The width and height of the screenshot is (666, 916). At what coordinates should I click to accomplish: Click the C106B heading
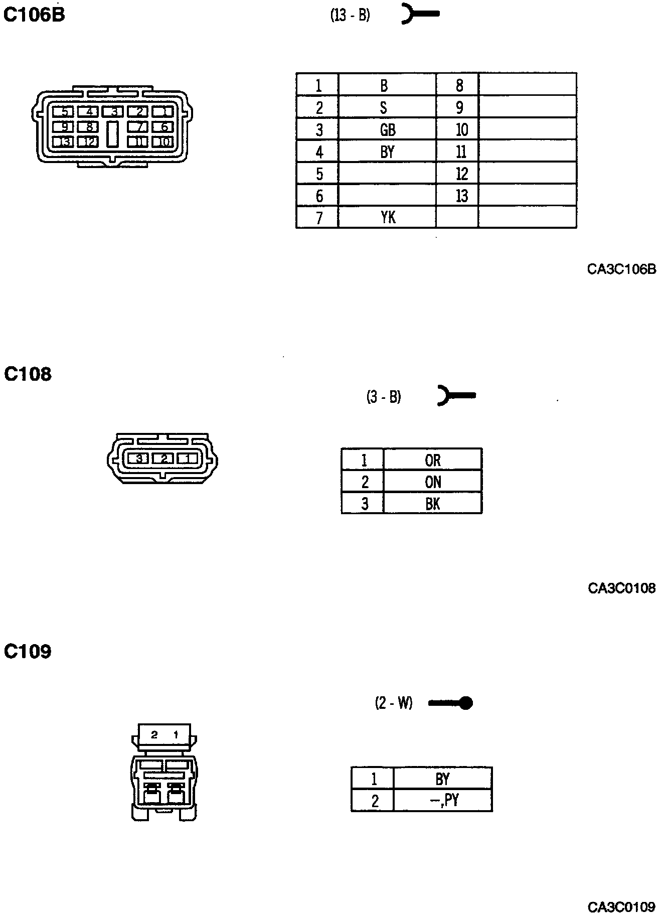pyautogui.click(x=34, y=16)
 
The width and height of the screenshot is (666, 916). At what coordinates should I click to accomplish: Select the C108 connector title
pyautogui.click(x=28, y=374)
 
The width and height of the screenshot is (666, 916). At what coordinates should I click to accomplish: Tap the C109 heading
pyautogui.click(x=28, y=652)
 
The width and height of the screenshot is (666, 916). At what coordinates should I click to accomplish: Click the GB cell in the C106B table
pyautogui.click(x=387, y=130)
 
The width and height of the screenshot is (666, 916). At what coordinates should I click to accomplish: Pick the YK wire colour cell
pyautogui.click(x=387, y=217)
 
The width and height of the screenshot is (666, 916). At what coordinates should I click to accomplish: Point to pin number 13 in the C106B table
pyautogui.click(x=461, y=196)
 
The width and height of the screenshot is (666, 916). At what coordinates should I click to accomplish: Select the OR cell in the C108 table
pyautogui.click(x=432, y=460)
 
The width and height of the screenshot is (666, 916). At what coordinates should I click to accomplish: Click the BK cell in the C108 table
pyautogui.click(x=432, y=503)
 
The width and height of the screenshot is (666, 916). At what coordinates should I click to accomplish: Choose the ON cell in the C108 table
pyautogui.click(x=432, y=482)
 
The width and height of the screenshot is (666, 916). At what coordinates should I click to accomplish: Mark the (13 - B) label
pyautogui.click(x=350, y=16)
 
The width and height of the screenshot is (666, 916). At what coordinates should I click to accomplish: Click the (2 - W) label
pyautogui.click(x=394, y=703)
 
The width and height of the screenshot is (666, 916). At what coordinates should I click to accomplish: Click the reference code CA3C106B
pyautogui.click(x=621, y=270)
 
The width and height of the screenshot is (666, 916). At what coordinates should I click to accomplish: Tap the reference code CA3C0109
pyautogui.click(x=621, y=907)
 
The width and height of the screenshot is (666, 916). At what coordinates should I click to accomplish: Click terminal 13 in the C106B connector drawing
pyautogui.click(x=65, y=142)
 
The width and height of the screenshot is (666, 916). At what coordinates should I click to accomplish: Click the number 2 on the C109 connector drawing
pyautogui.click(x=154, y=735)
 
